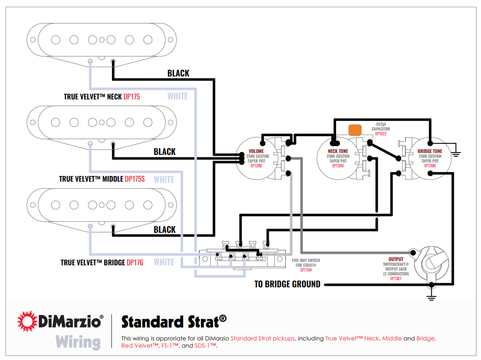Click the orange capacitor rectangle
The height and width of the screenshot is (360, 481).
[355, 130]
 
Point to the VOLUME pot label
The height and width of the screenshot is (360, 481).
[257, 151]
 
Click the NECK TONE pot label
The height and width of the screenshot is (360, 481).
[338, 151]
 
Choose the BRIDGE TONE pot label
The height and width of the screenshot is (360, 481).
[430, 151]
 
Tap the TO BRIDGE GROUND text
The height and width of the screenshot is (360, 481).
[287, 284]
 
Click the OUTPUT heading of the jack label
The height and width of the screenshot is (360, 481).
[396, 259]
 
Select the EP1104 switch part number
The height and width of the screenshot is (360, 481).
[306, 270]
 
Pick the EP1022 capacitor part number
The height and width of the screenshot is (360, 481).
[381, 134]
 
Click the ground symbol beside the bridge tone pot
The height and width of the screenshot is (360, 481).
[456, 154]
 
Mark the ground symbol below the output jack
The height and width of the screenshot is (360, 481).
[432, 297]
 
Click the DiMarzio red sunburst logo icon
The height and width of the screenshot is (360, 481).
[28, 321]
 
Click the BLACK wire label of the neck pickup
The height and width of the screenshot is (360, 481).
[178, 73]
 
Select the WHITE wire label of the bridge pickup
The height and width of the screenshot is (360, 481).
[164, 262]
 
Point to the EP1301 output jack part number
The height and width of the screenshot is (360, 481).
[396, 278]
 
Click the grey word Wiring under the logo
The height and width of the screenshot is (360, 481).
[78, 342]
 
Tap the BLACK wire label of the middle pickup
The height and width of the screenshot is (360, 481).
[164, 152]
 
